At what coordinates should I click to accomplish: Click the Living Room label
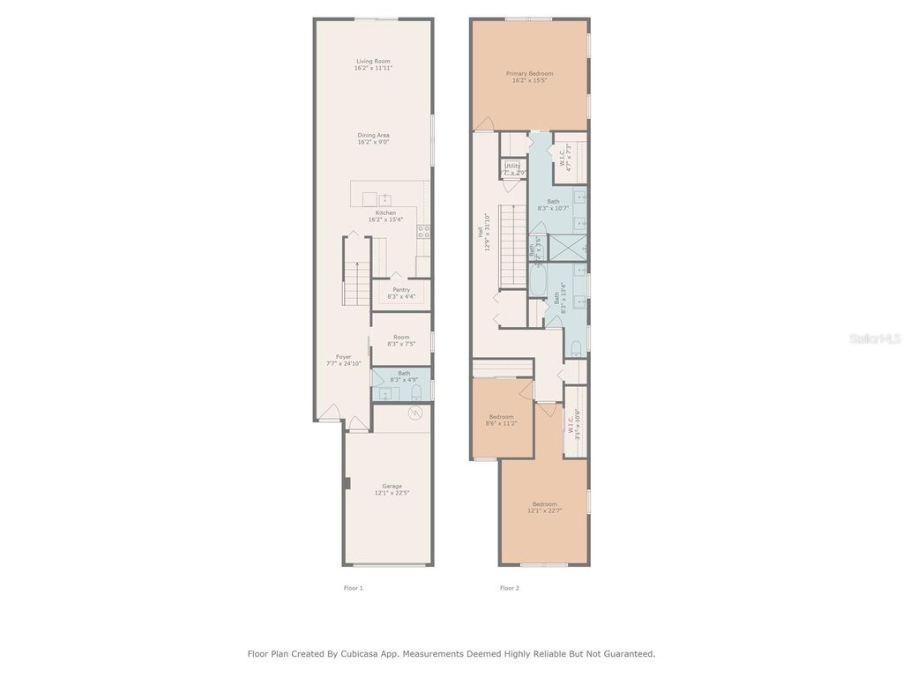click(x=373, y=61)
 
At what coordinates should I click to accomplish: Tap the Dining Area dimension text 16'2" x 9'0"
click(x=373, y=142)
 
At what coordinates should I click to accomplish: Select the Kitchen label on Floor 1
click(x=385, y=212)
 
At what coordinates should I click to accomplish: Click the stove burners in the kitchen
click(x=423, y=232)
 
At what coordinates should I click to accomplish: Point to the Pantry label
click(x=400, y=289)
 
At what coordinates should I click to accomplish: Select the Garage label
click(x=392, y=486)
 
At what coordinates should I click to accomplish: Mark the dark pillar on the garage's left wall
click(x=348, y=483)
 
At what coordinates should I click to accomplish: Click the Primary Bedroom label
click(x=529, y=73)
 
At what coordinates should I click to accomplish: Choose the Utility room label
click(x=512, y=166)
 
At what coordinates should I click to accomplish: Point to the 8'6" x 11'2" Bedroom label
click(x=501, y=417)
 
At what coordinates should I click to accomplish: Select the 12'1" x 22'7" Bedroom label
click(x=544, y=503)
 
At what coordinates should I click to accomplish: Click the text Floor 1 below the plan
click(x=353, y=588)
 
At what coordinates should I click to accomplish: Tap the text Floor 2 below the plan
click(x=509, y=588)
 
